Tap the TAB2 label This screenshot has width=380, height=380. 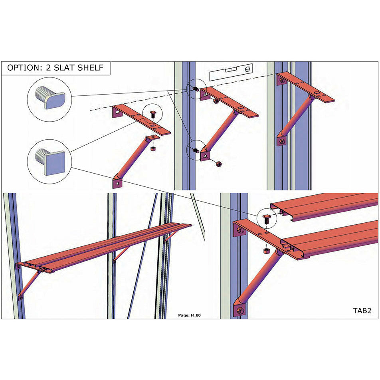point(362,310)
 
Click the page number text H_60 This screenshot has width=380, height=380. point(189,315)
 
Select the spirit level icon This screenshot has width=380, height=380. point(232,71)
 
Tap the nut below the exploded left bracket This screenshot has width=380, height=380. point(153,149)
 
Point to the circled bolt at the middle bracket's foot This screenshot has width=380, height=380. point(195,150)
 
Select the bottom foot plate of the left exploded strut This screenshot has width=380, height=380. point(117,183)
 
